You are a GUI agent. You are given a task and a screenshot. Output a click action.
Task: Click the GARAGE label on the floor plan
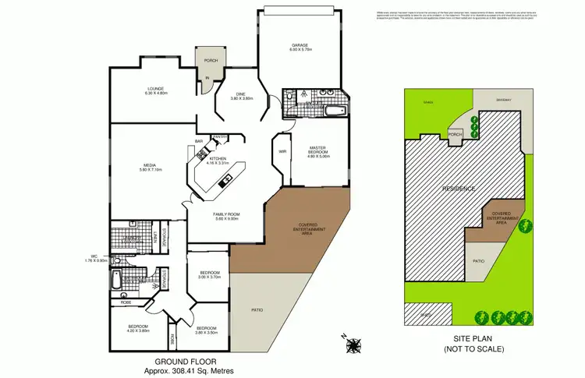coord(300,48)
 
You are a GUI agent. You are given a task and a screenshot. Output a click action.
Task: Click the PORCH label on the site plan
coord(456,133)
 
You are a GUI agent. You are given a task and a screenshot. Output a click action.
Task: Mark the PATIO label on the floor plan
coord(257,311)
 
